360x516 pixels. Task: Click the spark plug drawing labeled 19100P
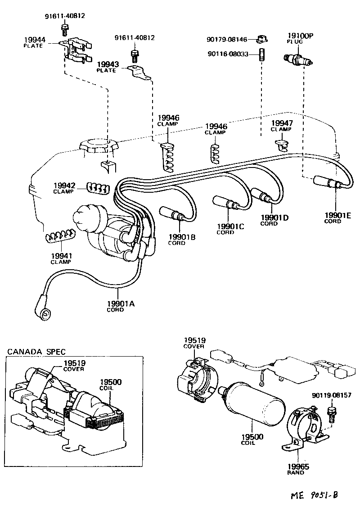[297, 59]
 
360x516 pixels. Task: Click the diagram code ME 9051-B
[314, 495]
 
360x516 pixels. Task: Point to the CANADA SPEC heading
[36, 351]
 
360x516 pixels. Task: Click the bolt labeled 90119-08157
[332, 412]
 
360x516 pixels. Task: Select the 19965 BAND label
[296, 469]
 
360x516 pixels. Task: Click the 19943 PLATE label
[108, 67]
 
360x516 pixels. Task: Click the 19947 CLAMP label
[281, 125]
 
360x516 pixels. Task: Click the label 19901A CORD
[121, 306]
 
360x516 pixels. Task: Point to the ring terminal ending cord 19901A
[45, 313]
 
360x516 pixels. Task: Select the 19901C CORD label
[230, 229]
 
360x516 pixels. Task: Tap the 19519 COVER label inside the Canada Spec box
[74, 365]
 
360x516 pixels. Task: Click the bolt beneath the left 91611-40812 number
[64, 30]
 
